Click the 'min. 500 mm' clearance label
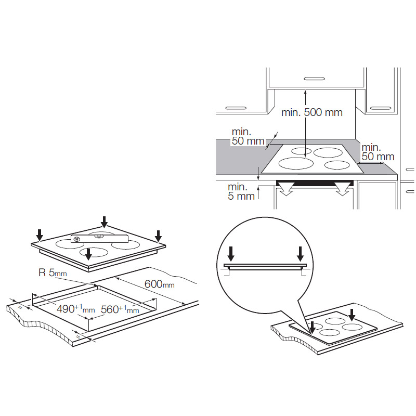click(311, 112)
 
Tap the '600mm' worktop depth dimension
click(160, 284)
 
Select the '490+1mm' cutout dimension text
click(76, 309)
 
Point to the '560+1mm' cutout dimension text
click(120, 309)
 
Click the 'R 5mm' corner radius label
click(53, 272)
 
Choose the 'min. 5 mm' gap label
click(241, 191)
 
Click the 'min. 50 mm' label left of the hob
click(248, 136)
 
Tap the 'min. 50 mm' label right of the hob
click(378, 152)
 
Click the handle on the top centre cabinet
click(314, 79)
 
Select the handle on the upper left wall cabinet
click(236, 108)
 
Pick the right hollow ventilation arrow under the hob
click(343, 188)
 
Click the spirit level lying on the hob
click(99, 239)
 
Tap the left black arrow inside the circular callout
click(231, 254)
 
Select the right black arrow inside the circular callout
click(301, 254)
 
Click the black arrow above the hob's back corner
click(105, 222)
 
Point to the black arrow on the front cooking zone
click(88, 254)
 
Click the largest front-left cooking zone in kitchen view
click(295, 163)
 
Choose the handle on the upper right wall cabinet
click(381, 108)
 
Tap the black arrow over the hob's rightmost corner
click(158, 236)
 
